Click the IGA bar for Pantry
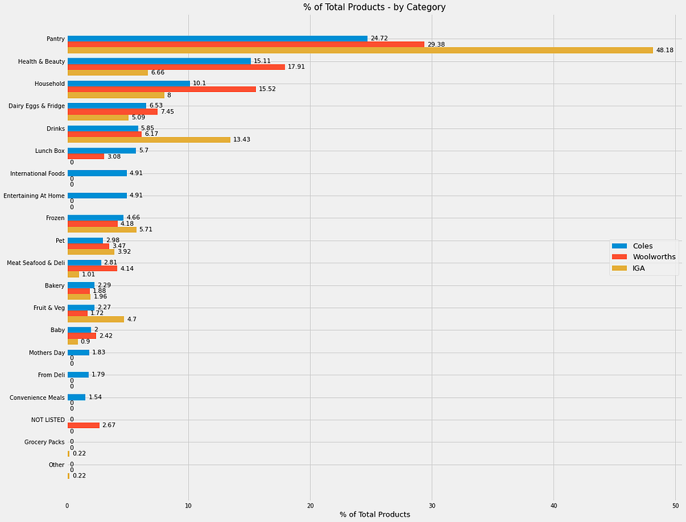click(x=360, y=50)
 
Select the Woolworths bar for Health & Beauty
click(x=176, y=67)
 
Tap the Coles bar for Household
click(x=129, y=84)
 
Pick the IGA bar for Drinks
click(x=149, y=139)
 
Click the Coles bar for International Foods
click(x=97, y=174)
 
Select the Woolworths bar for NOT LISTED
click(x=84, y=425)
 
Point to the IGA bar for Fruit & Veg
click(x=96, y=320)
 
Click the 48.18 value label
click(x=665, y=50)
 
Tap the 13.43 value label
click(x=241, y=139)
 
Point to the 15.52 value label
click(x=268, y=89)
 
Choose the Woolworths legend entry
click(x=643, y=257)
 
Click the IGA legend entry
click(x=628, y=268)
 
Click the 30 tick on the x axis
click(x=431, y=506)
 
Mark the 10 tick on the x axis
click(x=189, y=506)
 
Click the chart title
click(x=375, y=7)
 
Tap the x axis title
click(x=375, y=514)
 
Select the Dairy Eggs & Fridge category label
click(x=37, y=106)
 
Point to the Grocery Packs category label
click(x=45, y=442)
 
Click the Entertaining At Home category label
click(x=34, y=195)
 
